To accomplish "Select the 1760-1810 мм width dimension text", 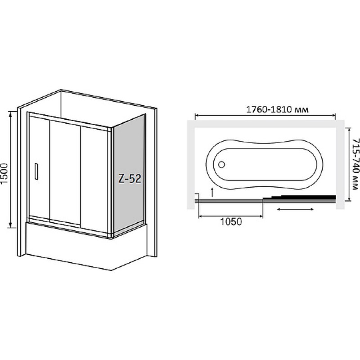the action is pyautogui.click(x=277, y=109).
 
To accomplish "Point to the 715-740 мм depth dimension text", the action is pyautogui.click(x=355, y=164).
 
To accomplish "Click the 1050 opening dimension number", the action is pyautogui.click(x=231, y=222).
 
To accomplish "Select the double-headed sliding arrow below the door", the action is pyautogui.click(x=296, y=209).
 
